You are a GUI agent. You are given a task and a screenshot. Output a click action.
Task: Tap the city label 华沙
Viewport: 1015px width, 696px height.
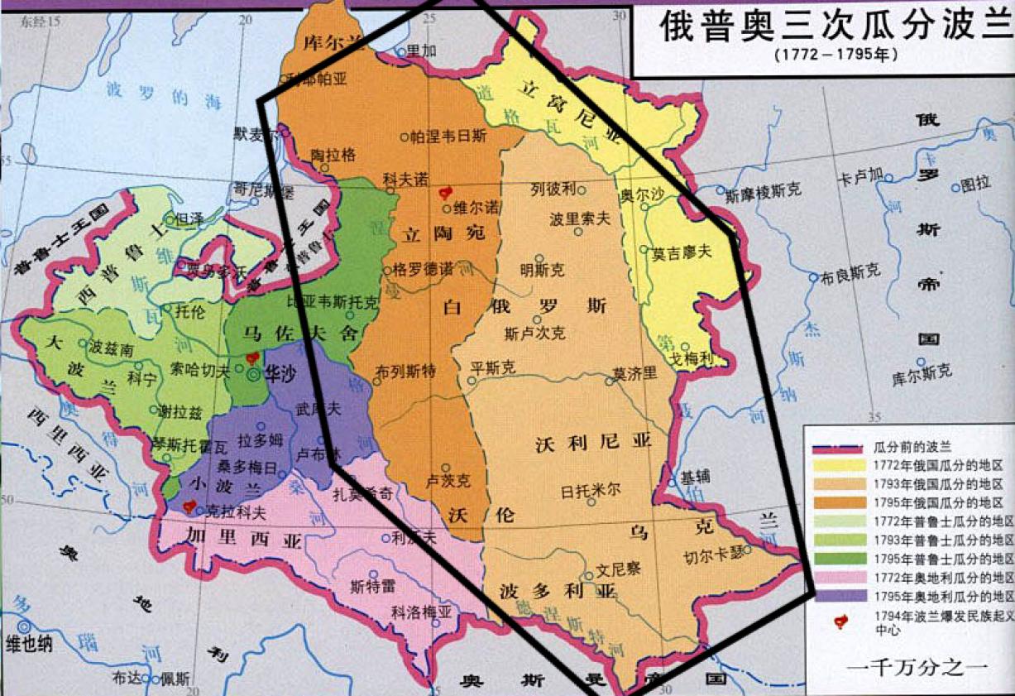click(x=279, y=373)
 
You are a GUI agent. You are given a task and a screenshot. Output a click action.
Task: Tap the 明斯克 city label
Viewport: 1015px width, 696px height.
click(x=542, y=270)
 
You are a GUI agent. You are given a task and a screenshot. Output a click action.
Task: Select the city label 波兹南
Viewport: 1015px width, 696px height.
click(x=111, y=349)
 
